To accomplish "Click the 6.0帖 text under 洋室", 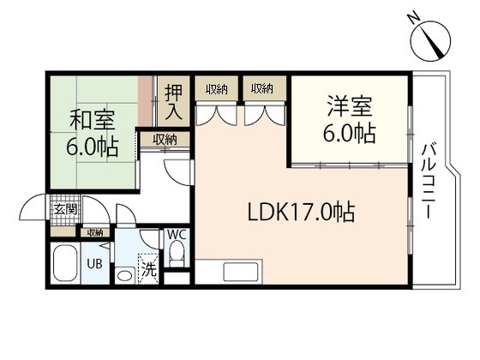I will point(350,134).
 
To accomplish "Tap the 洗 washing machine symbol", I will point(148,267).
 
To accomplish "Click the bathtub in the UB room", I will point(65,266).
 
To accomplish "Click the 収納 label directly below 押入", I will point(165,140).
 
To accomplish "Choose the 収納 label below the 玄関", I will point(93,231).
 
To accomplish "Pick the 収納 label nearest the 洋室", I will point(262,88).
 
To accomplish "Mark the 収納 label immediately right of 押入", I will point(215,88).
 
